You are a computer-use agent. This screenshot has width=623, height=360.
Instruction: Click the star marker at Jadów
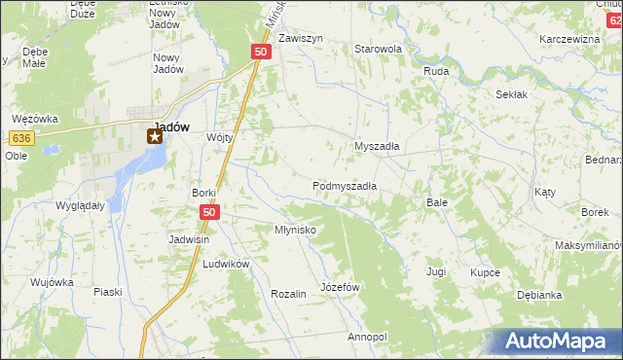tap(154, 137)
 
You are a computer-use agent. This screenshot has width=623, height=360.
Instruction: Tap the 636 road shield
tap(23, 138)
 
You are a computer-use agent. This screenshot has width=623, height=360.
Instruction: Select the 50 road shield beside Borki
tap(208, 211)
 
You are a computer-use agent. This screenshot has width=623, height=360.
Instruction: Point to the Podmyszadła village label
tap(345, 185)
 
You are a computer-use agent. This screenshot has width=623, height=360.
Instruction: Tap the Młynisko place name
tap(293, 230)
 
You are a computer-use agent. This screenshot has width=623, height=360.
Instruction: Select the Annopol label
tap(367, 337)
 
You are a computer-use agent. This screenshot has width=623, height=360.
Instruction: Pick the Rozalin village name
tap(289, 293)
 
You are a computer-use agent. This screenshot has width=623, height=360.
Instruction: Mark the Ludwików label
tap(227, 264)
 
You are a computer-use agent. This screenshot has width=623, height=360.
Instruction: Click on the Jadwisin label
tap(191, 238)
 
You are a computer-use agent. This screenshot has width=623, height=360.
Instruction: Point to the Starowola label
tap(379, 48)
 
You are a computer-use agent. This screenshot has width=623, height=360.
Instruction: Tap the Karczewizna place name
tap(569, 39)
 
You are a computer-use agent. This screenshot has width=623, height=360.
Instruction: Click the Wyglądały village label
tap(81, 206)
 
